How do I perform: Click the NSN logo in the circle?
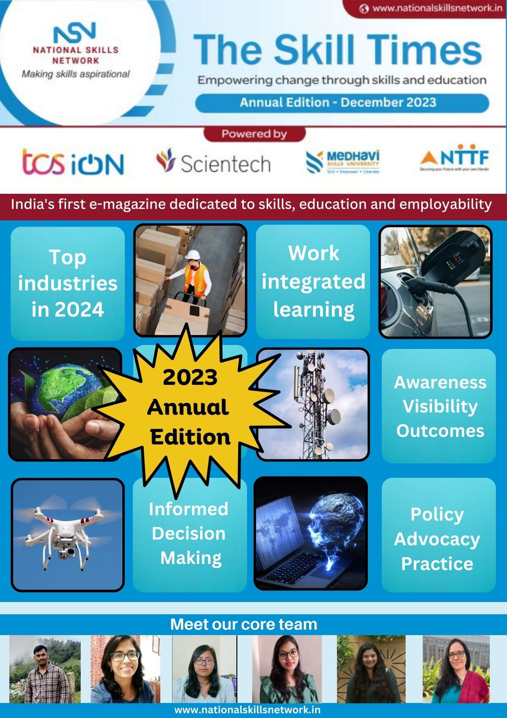pyautogui.click(x=75, y=33)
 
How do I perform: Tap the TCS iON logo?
pyautogui.click(x=73, y=162)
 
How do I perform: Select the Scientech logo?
pyautogui.click(x=213, y=162)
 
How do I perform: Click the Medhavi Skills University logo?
pyautogui.click(x=343, y=162)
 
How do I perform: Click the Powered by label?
pyautogui.click(x=254, y=134)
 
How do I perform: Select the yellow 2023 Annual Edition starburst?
pyautogui.click(x=189, y=407)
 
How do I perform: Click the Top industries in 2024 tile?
pyautogui.click(x=68, y=284)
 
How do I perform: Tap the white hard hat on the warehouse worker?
pyautogui.click(x=193, y=255)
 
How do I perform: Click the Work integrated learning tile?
pyautogui.click(x=313, y=282)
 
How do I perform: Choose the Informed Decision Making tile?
pyautogui.click(x=190, y=533)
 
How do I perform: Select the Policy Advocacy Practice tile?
pyautogui.click(x=438, y=539)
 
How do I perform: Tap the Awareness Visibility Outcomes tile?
pyautogui.click(x=439, y=406)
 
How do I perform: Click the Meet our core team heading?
pyautogui.click(x=244, y=624)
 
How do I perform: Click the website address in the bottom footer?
pyautogui.click(x=247, y=710)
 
